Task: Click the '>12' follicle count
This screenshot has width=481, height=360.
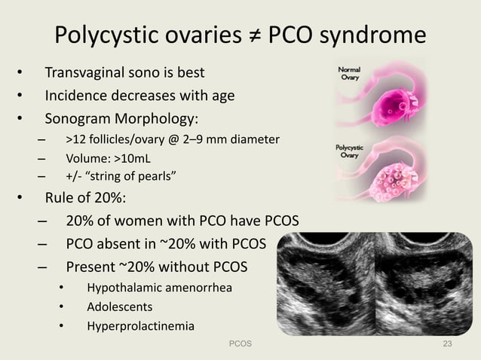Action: [75, 140]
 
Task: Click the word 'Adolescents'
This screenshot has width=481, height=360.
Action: [120, 307]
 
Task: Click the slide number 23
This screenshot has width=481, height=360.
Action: [448, 343]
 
